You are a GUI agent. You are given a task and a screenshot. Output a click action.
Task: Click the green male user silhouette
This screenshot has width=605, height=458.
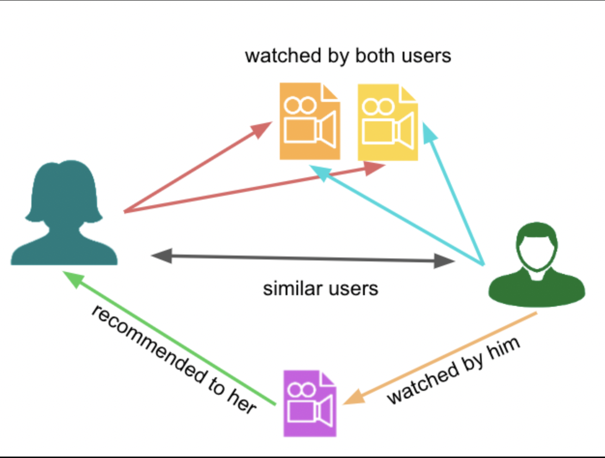537,265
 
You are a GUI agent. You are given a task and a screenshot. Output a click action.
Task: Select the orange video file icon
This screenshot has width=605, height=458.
310,121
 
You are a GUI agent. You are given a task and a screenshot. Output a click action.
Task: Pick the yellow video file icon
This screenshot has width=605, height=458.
388,122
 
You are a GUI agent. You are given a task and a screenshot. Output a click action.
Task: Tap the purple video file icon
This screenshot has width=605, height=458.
310,403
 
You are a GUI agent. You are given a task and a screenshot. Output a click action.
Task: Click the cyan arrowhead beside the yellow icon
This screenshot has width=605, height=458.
429,133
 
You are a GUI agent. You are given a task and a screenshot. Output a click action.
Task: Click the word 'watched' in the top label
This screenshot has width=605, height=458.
283,56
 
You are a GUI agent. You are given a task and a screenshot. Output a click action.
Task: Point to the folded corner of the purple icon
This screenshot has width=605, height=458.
328,378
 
